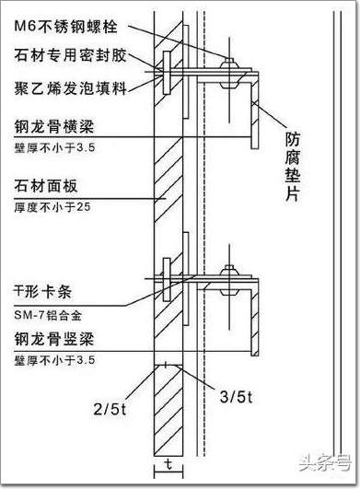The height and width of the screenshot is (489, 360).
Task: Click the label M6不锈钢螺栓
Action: click(65, 26)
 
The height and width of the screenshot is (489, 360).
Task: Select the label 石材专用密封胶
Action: click(71, 55)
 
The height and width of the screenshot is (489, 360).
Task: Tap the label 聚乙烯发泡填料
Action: click(71, 87)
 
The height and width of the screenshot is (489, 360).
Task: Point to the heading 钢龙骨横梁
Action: click(54, 127)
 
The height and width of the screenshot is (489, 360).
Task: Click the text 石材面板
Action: click(46, 186)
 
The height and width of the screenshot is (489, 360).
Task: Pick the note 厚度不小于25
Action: click(52, 207)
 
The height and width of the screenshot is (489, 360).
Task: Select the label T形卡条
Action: click(42, 292)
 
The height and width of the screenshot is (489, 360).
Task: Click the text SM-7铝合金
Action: click(48, 315)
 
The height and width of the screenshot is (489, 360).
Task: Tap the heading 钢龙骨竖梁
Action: click(54, 339)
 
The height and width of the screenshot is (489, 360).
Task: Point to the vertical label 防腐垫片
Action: click(293, 167)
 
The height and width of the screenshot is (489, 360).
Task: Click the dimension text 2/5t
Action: click(110, 409)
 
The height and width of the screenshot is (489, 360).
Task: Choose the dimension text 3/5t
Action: click(236, 397)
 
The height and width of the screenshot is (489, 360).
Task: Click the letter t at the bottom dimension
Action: click(168, 465)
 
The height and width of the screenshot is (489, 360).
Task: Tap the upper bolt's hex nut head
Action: click(229, 64)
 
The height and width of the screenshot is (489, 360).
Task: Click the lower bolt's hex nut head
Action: click(229, 271)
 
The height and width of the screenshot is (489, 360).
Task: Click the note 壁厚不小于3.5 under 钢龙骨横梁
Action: click(54, 147)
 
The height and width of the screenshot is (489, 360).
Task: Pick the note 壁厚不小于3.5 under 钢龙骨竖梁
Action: click(54, 360)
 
